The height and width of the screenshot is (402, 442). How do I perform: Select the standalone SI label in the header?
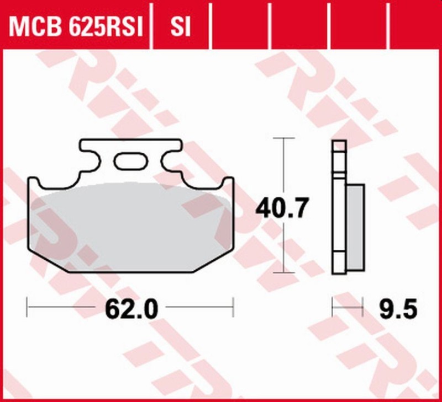click(x=180, y=26)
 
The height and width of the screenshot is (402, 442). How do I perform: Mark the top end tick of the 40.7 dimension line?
click(x=283, y=138)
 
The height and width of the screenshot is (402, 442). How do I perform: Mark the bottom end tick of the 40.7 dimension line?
click(x=283, y=272)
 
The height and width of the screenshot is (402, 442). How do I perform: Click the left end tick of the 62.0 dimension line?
click(x=28, y=307)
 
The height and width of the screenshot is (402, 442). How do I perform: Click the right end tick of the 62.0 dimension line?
click(x=233, y=307)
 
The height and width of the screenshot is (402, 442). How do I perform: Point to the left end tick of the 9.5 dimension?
click(x=332, y=307)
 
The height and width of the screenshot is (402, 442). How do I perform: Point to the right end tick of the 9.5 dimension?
click(x=362, y=307)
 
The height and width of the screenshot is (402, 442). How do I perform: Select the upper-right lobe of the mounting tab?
click(x=171, y=148)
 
